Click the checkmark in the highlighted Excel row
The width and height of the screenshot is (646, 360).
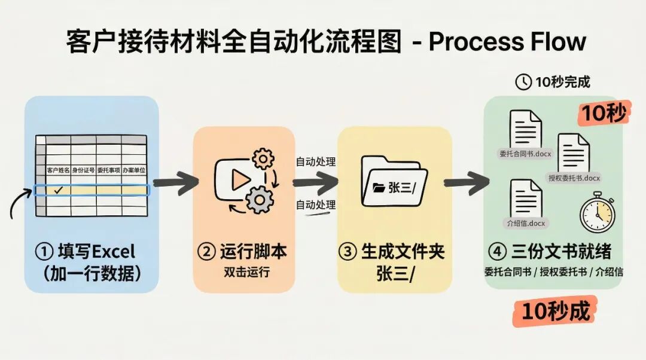coord(59,190)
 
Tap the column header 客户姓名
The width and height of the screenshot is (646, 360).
coord(59,170)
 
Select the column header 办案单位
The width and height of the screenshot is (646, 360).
coord(134,170)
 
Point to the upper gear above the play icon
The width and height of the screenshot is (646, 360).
coord(263,159)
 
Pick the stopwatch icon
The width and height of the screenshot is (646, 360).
coord(596,212)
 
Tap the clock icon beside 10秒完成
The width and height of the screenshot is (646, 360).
coord(523,82)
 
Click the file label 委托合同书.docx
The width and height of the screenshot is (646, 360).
coord(525,154)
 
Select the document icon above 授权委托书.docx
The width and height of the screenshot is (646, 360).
coord(574,153)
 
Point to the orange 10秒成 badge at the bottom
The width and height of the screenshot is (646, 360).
coord(555,312)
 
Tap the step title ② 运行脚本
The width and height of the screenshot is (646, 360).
coord(242,251)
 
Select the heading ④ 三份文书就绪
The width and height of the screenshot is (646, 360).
coord(553,251)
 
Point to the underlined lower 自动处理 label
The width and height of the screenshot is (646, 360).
coord(316,205)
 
